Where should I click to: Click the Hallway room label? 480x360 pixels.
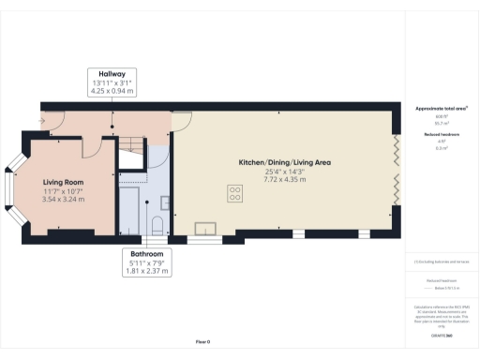pyautogui.click(x=113, y=73)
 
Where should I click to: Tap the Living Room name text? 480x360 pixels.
pyautogui.click(x=64, y=182)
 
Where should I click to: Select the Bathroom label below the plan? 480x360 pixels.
pyautogui.click(x=146, y=254)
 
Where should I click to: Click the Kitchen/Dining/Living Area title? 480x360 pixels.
pyautogui.click(x=284, y=163)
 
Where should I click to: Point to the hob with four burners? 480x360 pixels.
pyautogui.click(x=235, y=194)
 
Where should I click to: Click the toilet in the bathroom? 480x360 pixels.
pyautogui.click(x=157, y=222)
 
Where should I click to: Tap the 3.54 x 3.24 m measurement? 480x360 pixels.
pyautogui.click(x=64, y=200)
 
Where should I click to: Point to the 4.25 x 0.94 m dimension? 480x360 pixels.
pyautogui.click(x=113, y=92)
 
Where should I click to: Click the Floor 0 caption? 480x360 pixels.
pyautogui.click(x=202, y=341)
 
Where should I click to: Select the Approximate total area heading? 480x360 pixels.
pyautogui.click(x=442, y=109)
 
